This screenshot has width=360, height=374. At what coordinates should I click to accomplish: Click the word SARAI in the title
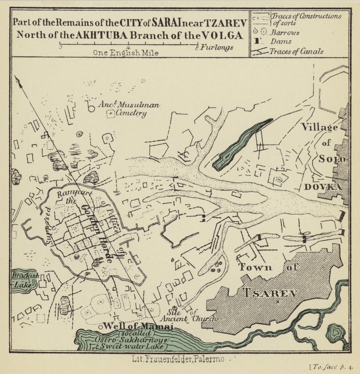162,22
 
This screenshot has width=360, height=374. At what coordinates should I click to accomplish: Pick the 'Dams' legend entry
283,42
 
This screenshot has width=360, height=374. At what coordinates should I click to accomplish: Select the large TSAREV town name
270,293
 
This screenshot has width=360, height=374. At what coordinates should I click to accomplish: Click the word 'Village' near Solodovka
319,127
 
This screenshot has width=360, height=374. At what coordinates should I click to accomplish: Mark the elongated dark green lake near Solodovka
240,145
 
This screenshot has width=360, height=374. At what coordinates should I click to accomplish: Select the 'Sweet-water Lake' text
127,346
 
